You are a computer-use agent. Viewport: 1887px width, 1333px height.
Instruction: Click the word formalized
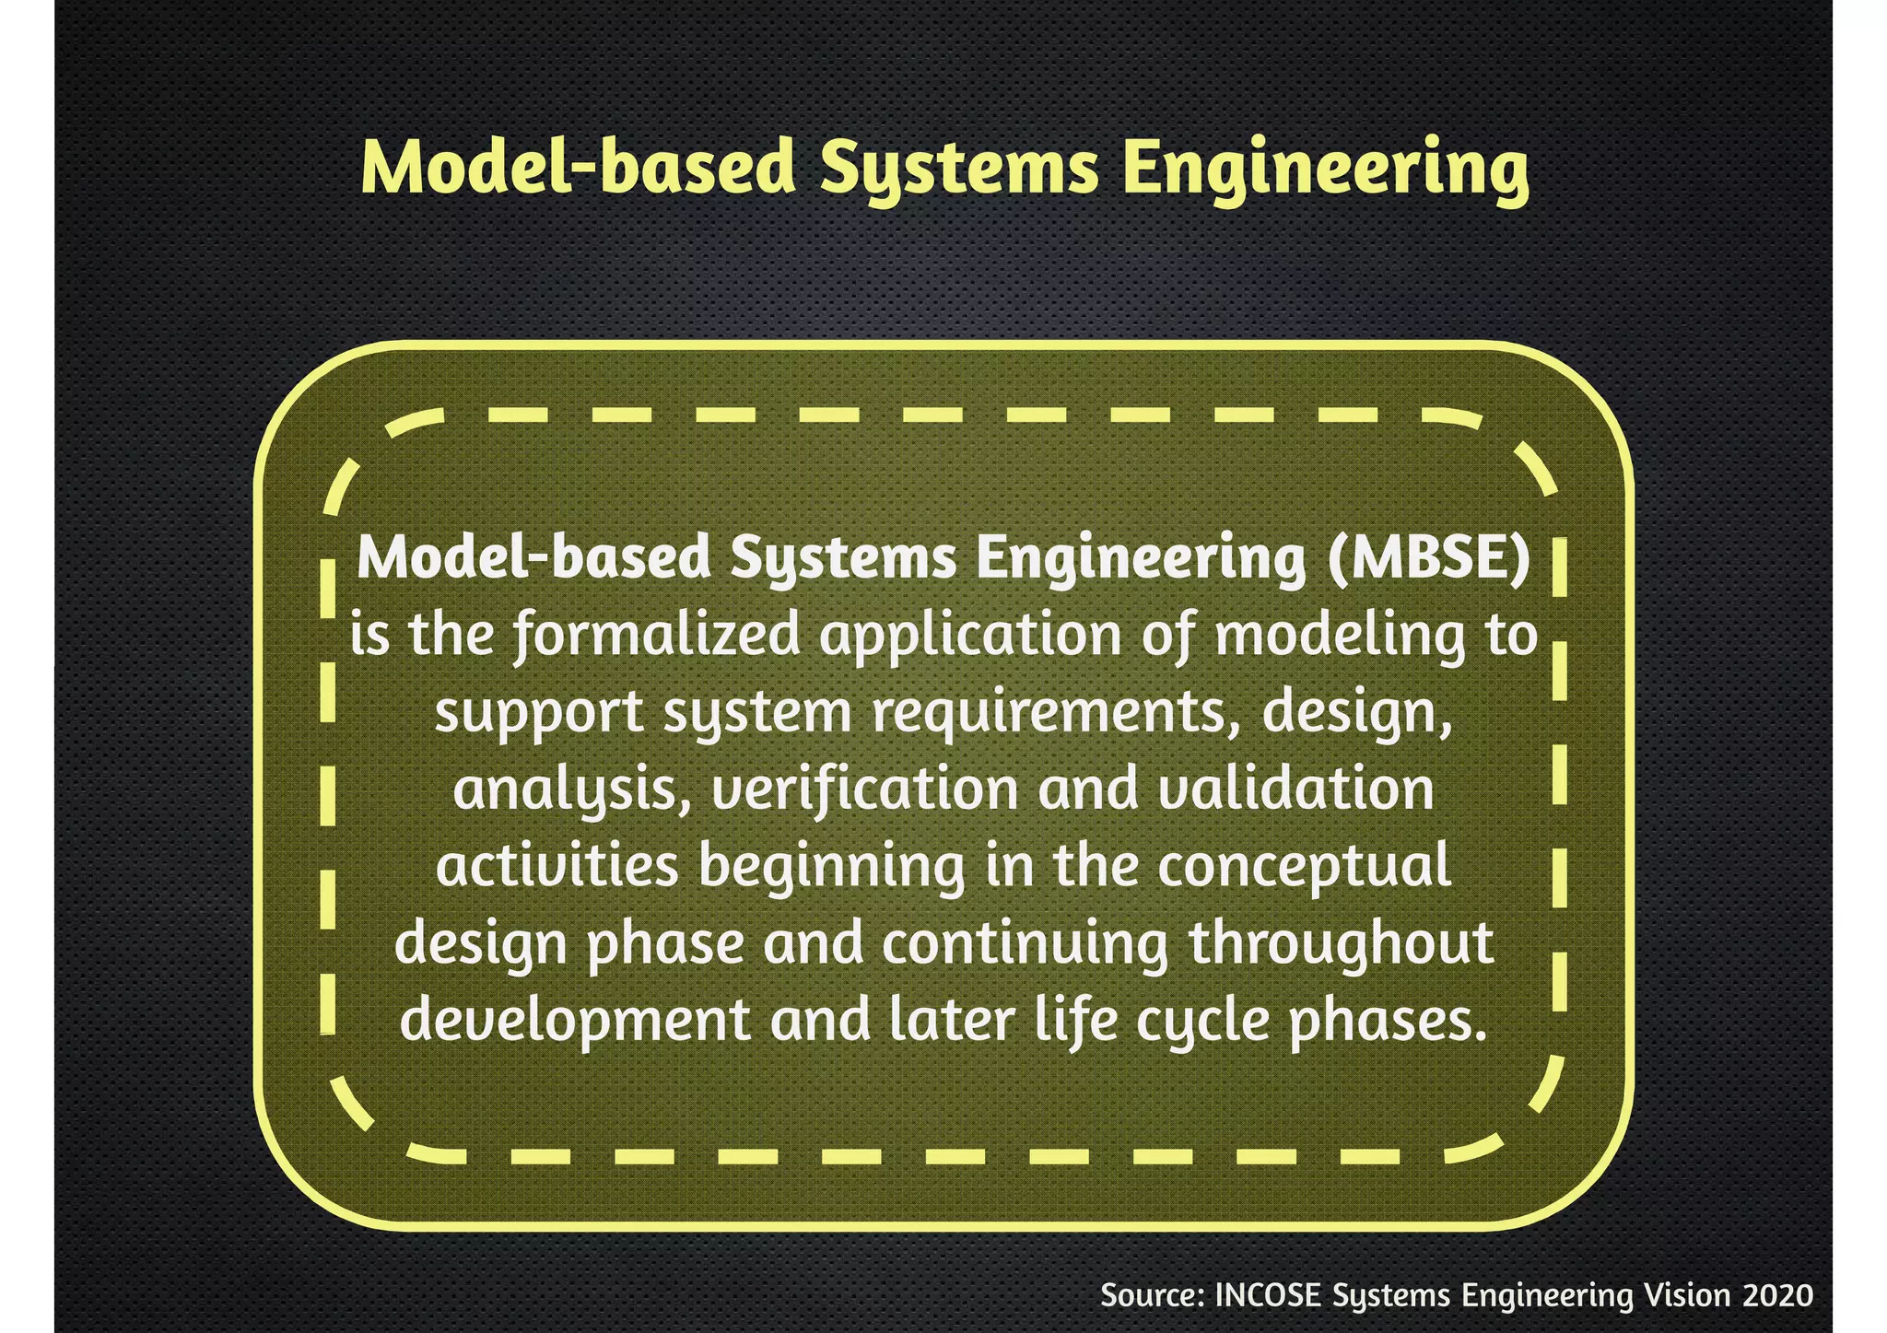tap(656, 636)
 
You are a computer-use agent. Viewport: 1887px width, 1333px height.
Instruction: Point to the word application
tap(970, 636)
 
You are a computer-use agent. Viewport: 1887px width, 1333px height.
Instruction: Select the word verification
tap(864, 790)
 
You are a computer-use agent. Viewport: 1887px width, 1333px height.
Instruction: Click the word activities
tap(557, 867)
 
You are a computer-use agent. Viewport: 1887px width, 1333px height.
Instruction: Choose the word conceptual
tap(1304, 867)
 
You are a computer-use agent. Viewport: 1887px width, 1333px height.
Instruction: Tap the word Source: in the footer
tap(1153, 1295)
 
